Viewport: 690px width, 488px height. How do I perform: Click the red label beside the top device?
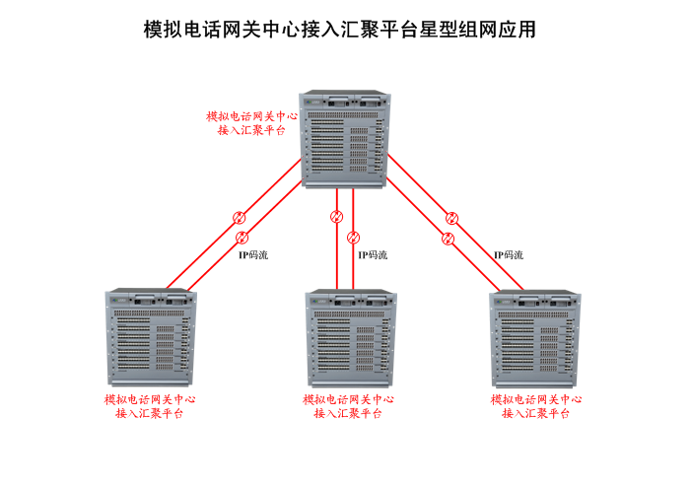[251, 122]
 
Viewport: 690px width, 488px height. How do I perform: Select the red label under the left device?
[150, 406]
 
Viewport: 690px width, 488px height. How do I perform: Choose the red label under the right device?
[535, 406]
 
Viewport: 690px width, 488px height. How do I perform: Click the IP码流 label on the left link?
[252, 255]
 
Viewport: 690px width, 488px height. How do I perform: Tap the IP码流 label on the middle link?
[372, 255]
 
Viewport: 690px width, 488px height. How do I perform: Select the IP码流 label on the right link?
[509, 255]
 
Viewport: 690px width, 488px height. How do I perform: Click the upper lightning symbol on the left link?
[238, 218]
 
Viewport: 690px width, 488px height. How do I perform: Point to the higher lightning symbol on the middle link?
[336, 217]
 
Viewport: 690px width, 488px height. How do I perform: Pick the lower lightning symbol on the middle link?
[355, 238]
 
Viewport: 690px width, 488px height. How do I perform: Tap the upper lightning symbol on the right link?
[451, 218]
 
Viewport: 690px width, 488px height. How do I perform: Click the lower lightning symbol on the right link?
[448, 238]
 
